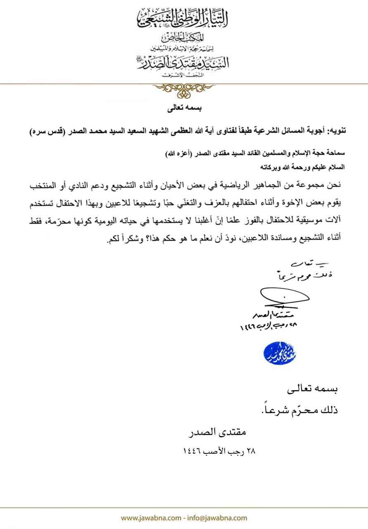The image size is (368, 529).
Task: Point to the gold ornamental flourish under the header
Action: tap(184, 89)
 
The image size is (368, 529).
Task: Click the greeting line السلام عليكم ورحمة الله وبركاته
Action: tap(304, 168)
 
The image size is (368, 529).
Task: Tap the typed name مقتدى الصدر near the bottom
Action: tap(222, 433)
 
